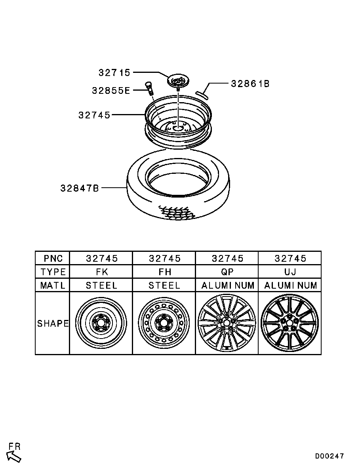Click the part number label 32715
click(x=114, y=72)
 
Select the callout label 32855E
click(x=111, y=91)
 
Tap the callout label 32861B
click(x=250, y=84)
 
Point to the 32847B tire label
click(x=80, y=188)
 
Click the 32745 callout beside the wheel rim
click(x=94, y=115)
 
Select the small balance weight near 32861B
click(x=203, y=94)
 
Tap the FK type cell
click(x=102, y=272)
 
